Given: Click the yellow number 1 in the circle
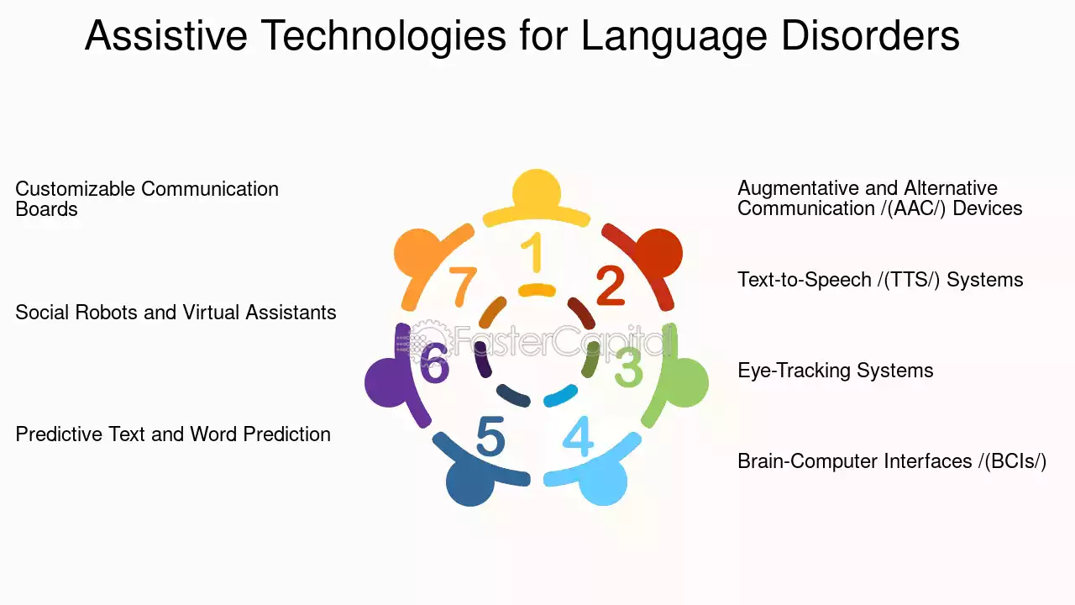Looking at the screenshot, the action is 533,251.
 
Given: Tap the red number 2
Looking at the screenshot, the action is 611,286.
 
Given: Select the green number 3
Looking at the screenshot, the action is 629,367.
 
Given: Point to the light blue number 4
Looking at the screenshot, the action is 578,436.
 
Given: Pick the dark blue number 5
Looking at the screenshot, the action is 490,436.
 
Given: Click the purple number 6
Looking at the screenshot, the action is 435,363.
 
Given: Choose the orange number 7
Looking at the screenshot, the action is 462,287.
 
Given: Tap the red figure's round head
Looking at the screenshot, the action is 658,253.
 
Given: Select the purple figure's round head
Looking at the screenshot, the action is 389,382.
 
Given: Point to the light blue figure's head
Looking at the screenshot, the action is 603,481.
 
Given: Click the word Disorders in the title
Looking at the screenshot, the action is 870,35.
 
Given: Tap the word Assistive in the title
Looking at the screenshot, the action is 166,35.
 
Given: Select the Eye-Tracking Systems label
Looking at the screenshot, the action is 835,371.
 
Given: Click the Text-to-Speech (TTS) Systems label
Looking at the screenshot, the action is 880,280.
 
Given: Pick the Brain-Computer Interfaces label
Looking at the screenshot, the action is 892,461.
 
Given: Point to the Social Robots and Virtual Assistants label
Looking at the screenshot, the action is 176,312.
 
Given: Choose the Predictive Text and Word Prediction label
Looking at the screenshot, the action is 173,434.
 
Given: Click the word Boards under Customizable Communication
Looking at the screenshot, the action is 46,209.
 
